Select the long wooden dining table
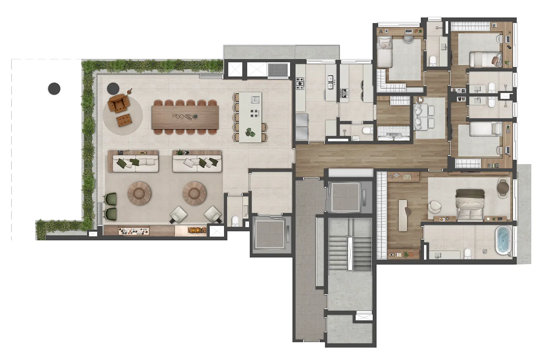185,117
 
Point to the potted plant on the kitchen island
250,132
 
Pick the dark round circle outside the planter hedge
54,88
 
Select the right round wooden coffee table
195,193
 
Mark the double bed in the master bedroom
469,204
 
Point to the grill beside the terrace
278,70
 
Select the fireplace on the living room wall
197,230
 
